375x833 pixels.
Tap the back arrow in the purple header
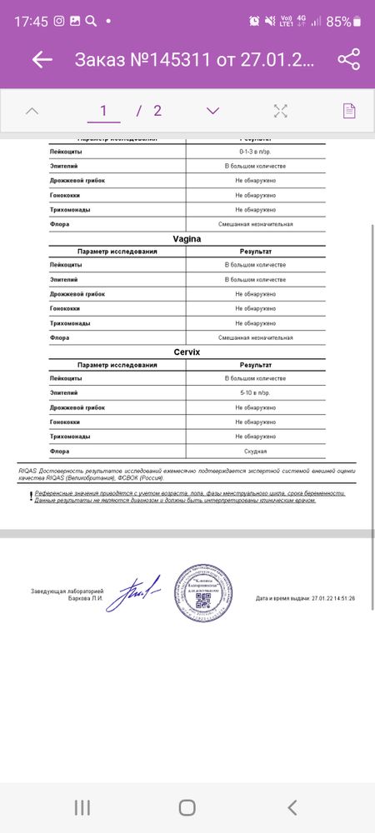[42, 60]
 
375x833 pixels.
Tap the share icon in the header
[348, 60]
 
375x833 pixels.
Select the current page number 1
[104, 111]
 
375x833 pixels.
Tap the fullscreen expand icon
[281, 111]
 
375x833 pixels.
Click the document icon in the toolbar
[349, 111]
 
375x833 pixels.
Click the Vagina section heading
[187, 238]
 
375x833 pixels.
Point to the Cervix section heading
[187, 352]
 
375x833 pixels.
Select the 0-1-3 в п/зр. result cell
[256, 152]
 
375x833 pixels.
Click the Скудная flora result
[256, 451]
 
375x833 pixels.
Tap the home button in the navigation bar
[187, 806]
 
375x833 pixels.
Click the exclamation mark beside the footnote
[31, 496]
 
